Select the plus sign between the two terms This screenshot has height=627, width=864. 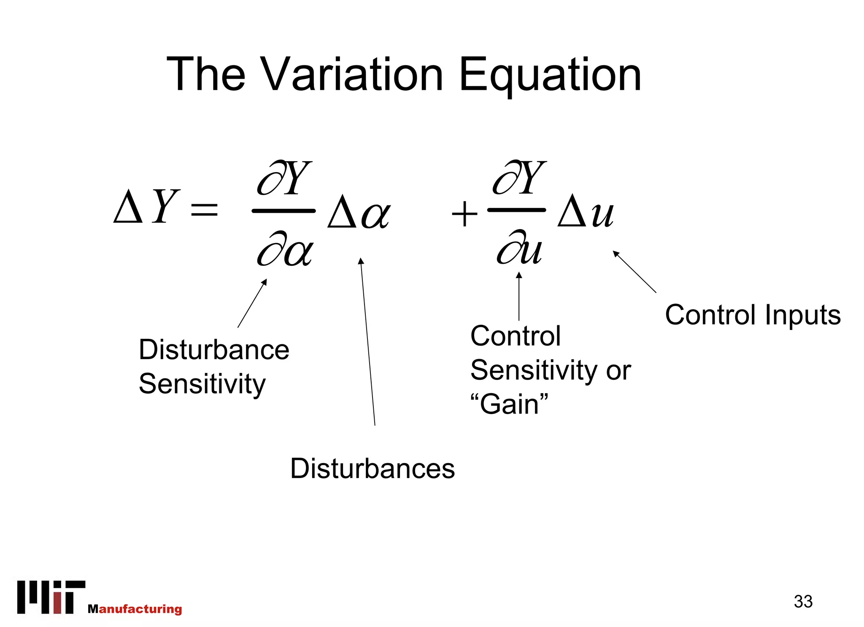point(464,214)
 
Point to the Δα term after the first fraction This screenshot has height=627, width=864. point(359,212)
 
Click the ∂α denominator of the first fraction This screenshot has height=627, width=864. point(285,249)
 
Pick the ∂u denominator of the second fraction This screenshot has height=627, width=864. point(519,248)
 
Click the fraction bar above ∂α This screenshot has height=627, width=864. point(283,211)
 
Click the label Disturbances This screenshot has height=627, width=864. point(373,469)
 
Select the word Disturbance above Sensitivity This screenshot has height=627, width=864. point(214,350)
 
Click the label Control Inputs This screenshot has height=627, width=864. point(753,315)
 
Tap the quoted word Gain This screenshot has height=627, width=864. point(509,404)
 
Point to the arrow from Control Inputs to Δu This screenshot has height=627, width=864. point(635,272)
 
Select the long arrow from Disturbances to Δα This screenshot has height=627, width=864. point(368,342)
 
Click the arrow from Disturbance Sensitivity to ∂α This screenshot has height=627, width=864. point(252,303)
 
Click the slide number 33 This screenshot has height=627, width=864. point(803,601)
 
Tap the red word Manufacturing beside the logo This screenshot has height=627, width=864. point(135,609)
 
